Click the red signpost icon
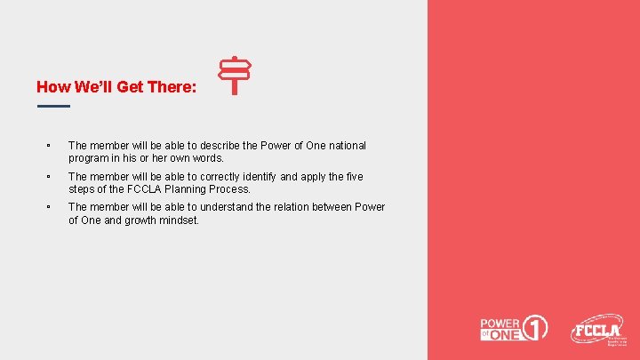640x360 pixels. point(235,76)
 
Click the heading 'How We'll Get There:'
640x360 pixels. point(116,87)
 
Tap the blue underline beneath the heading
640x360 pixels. point(53,107)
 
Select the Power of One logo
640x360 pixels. point(514,328)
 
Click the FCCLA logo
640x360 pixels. point(598,331)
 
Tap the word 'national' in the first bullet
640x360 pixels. point(345,145)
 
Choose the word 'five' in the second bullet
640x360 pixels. point(353,177)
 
